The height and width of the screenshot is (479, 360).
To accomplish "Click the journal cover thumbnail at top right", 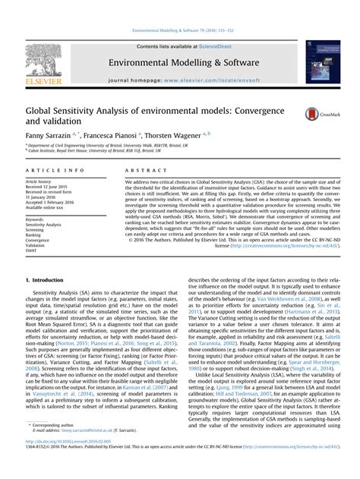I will pyautogui.click(x=322, y=62).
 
